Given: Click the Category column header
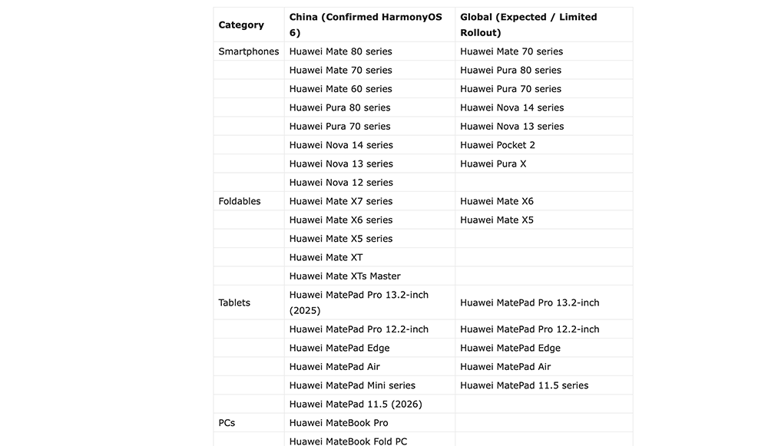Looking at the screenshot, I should pyautogui.click(x=241, y=25).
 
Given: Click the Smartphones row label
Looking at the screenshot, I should pyautogui.click(x=249, y=51).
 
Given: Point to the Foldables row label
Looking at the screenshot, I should pyautogui.click(x=240, y=201).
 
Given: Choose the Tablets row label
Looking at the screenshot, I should pyautogui.click(x=234, y=302).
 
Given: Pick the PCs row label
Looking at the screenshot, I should pyautogui.click(x=227, y=423).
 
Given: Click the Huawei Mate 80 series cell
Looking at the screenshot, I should pyautogui.click(x=340, y=51).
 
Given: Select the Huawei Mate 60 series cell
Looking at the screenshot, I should pyautogui.click(x=340, y=89).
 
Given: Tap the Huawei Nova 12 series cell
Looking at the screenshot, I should pyautogui.click(x=341, y=183).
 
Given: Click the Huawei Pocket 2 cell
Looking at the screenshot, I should pyautogui.click(x=498, y=145).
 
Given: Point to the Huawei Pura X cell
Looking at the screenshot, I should pyautogui.click(x=493, y=164).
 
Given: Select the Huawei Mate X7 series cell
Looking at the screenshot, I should pyautogui.click(x=340, y=201).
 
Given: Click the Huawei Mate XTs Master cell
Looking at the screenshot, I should pyautogui.click(x=345, y=276).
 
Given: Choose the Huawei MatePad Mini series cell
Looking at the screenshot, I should pyautogui.click(x=352, y=385).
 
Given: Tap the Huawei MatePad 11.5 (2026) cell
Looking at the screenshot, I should pyautogui.click(x=356, y=405).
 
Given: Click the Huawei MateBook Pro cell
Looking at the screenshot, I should pyautogui.click(x=339, y=423).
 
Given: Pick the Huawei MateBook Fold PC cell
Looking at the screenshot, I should pyautogui.click(x=348, y=441).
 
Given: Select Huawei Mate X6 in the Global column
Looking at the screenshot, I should pyautogui.click(x=496, y=201).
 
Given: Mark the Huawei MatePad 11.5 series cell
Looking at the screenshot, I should pyautogui.click(x=524, y=385).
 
